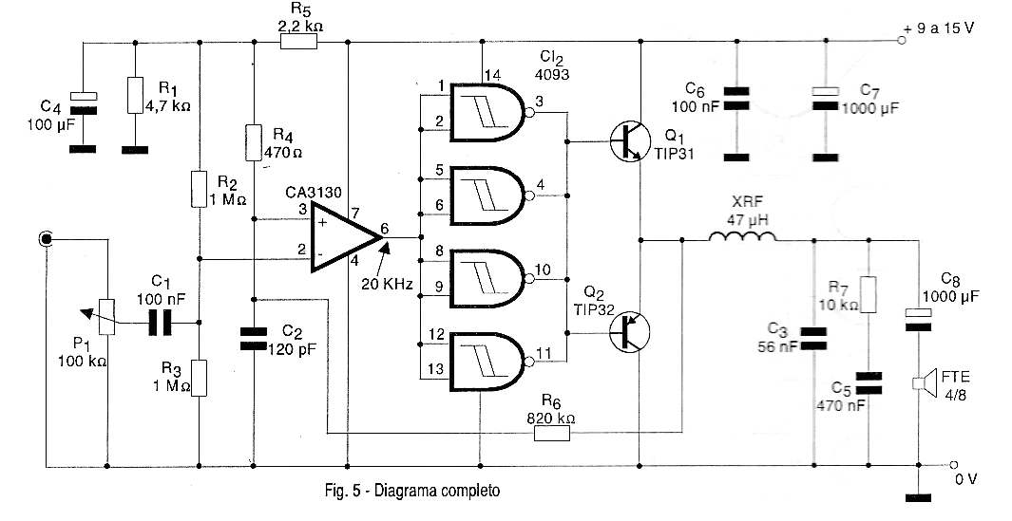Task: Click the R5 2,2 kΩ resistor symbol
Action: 298,43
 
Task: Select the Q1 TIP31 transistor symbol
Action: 628,141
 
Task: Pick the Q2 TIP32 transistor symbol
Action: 629,331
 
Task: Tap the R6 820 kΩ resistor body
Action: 552,434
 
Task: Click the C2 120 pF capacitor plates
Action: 253,339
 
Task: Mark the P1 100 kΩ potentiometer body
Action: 107,317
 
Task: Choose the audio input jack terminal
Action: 46,239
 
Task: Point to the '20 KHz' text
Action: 388,284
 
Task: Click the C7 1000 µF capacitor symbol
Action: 826,98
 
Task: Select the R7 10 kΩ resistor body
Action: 869,295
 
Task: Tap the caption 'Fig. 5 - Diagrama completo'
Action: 412,491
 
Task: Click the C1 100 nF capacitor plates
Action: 160,323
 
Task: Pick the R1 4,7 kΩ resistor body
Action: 135,96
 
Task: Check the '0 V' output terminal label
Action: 965,478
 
